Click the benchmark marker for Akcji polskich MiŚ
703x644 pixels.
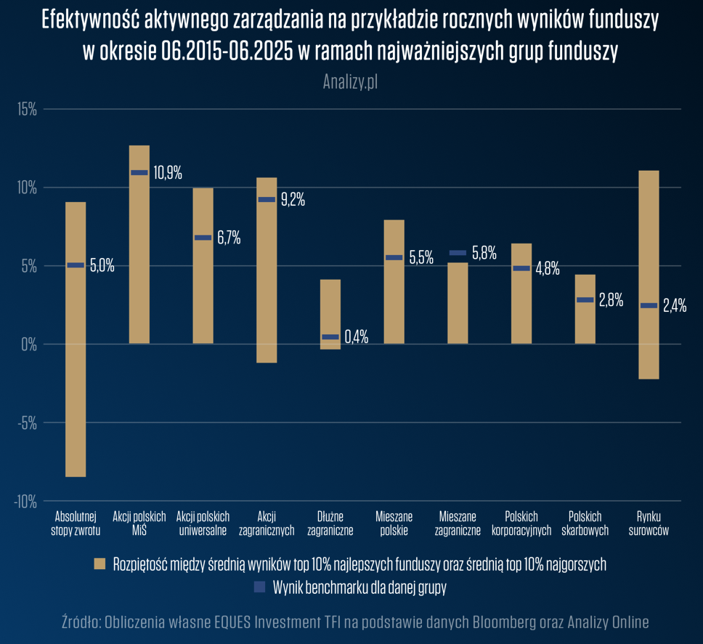click(139, 173)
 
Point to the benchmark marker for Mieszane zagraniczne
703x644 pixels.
click(458, 253)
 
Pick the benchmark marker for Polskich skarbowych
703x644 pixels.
click(585, 299)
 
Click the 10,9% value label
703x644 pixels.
click(167, 173)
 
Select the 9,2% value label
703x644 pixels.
click(293, 200)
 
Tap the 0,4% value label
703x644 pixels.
click(356, 337)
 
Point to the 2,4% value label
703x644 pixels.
click(675, 306)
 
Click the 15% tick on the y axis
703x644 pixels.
click(28, 110)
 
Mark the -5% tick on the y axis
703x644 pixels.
click(28, 423)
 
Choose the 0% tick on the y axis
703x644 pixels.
click(30, 345)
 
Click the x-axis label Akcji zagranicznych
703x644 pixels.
click(267, 523)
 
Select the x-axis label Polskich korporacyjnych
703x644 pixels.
click(521, 523)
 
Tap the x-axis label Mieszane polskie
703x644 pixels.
click(394, 523)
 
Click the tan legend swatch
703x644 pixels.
click(100, 563)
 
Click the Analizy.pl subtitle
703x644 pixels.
click(350, 82)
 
